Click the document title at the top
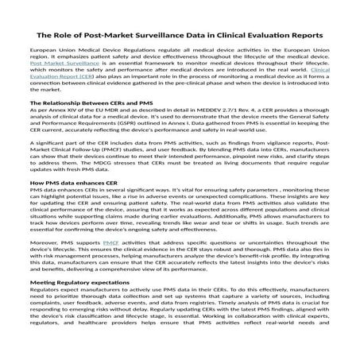pos(180,35)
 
